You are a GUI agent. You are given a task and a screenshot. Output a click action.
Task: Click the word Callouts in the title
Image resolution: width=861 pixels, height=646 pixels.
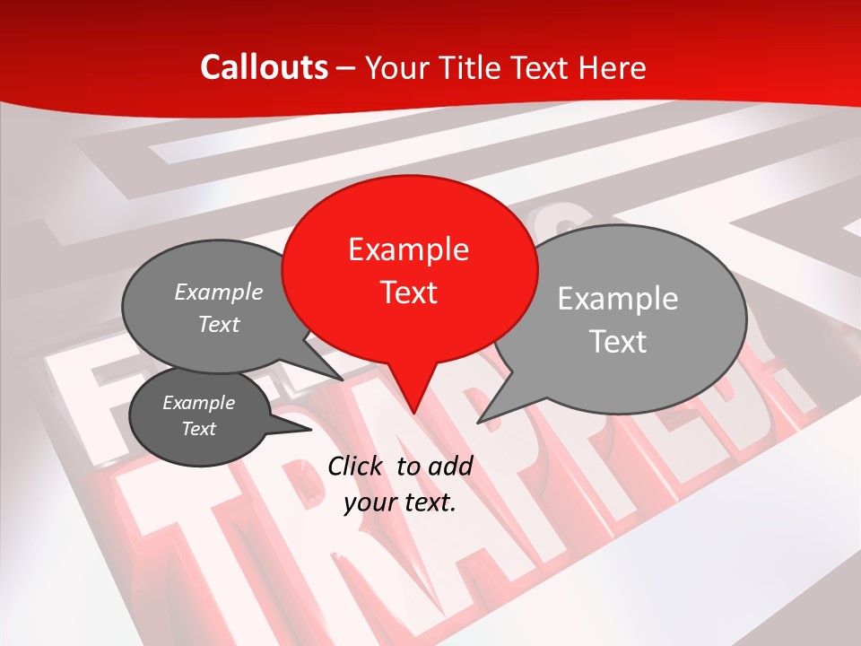[x=264, y=67]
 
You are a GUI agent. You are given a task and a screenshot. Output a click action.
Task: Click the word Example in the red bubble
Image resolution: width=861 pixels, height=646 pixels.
[x=408, y=249]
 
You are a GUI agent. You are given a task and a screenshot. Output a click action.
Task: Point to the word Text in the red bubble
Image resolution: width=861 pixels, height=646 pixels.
[x=408, y=292]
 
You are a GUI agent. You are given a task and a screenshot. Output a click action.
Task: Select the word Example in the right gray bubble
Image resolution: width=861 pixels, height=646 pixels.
[x=618, y=299]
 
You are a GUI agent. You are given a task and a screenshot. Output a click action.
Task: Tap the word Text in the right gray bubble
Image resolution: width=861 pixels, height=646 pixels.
[x=618, y=342]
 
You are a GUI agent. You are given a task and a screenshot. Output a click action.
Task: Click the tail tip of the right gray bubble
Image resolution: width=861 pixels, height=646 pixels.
[x=481, y=420]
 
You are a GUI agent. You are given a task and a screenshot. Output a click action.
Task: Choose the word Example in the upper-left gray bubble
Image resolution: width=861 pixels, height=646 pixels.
[x=219, y=292]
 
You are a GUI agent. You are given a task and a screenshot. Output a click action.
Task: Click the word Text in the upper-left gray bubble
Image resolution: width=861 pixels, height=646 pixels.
[x=219, y=324]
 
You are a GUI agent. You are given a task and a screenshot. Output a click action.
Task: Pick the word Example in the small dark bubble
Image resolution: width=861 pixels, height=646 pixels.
[x=198, y=403]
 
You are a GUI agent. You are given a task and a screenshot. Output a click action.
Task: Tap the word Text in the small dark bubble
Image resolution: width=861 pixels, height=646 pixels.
[x=198, y=429]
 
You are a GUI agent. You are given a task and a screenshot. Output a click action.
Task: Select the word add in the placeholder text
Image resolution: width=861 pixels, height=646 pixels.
[x=452, y=466]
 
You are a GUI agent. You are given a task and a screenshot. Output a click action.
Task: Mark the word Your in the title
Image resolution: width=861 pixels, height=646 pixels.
[x=397, y=67]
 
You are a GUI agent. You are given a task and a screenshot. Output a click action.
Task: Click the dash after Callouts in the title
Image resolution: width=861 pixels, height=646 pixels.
[x=346, y=68]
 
